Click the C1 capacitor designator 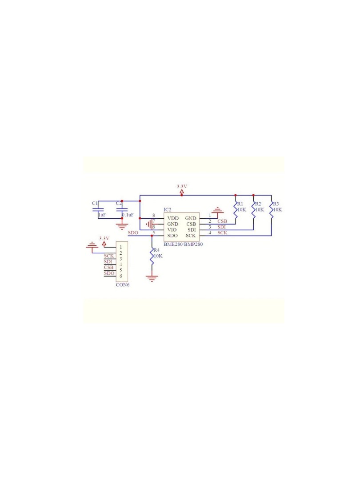(95, 203)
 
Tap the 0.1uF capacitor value (128, 215)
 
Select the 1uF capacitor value (102, 215)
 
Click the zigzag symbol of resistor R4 (152, 256)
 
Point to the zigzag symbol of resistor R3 (271, 210)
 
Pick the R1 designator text (240, 204)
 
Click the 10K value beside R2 (260, 210)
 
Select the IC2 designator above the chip (168, 210)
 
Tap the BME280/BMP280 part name (183, 244)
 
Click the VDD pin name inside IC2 (173, 218)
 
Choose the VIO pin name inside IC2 (172, 230)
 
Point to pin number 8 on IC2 (154, 216)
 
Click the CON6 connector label (123, 285)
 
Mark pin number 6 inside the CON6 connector (121, 276)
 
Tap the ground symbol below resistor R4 (152, 278)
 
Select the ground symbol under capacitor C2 (122, 227)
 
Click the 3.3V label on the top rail (182, 186)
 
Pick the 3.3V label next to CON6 (104, 238)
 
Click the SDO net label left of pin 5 (133, 232)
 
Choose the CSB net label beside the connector (109, 268)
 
